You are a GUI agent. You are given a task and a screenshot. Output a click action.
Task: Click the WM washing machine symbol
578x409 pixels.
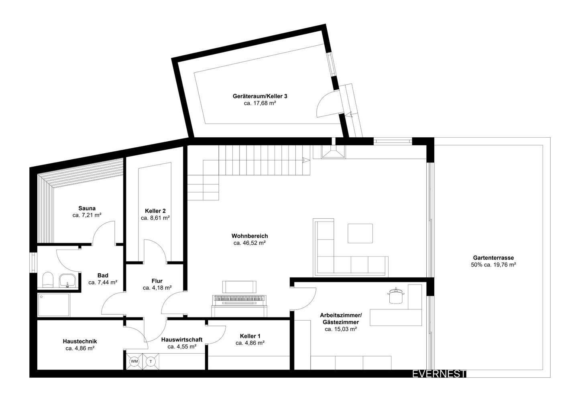coord(134,361)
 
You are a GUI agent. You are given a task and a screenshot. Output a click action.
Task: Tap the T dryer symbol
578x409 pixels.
coord(151,361)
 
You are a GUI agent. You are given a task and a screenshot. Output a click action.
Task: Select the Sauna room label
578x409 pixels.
coord(87,208)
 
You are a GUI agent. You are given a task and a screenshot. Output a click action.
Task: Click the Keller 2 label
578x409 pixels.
coord(155,211)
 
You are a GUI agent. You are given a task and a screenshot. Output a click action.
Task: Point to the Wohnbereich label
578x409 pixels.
coord(250,236)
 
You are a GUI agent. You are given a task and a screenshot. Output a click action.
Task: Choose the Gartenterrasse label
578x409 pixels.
coord(493,258)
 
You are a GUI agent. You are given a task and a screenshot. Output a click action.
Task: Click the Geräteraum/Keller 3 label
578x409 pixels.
coord(260,96)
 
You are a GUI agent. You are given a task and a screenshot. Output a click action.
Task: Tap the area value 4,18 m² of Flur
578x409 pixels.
coord(157,288)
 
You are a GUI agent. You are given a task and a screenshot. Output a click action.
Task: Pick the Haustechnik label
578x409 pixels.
coord(80,341)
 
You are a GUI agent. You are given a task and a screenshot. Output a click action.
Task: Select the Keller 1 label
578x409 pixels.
coord(250,336)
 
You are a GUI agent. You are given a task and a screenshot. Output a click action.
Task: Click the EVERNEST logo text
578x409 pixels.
coord(439,374)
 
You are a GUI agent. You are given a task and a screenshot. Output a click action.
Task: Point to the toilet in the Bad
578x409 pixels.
coord(48,280)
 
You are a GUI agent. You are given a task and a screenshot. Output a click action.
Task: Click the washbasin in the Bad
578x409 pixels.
coord(67,280)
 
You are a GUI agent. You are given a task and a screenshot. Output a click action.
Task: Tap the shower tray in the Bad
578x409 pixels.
coord(54,305)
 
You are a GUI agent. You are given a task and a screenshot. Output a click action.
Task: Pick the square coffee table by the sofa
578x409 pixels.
coord(360,233)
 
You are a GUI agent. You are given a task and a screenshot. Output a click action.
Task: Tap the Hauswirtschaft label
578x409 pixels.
coord(182,340)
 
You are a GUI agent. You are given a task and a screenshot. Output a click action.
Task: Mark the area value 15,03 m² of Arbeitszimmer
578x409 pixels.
coord(341,329)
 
